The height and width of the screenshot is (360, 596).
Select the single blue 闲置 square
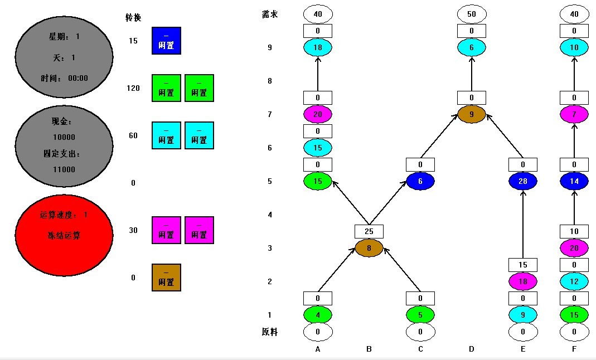[166, 41]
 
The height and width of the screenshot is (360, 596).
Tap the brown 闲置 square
[166, 278]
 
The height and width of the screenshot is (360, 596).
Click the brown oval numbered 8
[369, 248]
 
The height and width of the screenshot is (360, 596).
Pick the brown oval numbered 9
[472, 115]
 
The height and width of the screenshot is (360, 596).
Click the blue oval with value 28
[523, 181]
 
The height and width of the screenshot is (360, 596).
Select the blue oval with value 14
[574, 181]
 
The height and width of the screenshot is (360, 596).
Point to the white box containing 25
[369, 231]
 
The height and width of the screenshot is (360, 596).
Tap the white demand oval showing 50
[472, 14]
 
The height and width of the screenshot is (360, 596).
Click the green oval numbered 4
[318, 315]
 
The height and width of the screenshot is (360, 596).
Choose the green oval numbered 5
[420, 315]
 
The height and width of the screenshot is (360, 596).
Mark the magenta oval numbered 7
[574, 115]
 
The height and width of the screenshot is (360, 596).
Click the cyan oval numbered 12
[574, 281]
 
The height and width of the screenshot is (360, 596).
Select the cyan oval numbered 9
[523, 315]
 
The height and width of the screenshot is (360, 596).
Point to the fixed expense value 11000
[64, 169]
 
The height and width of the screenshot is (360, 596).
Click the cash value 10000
[64, 137]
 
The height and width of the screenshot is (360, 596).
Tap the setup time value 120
[133, 88]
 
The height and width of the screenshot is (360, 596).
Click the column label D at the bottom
[472, 349]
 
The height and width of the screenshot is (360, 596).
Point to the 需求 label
[270, 14]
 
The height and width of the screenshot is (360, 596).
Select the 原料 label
[270, 332]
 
